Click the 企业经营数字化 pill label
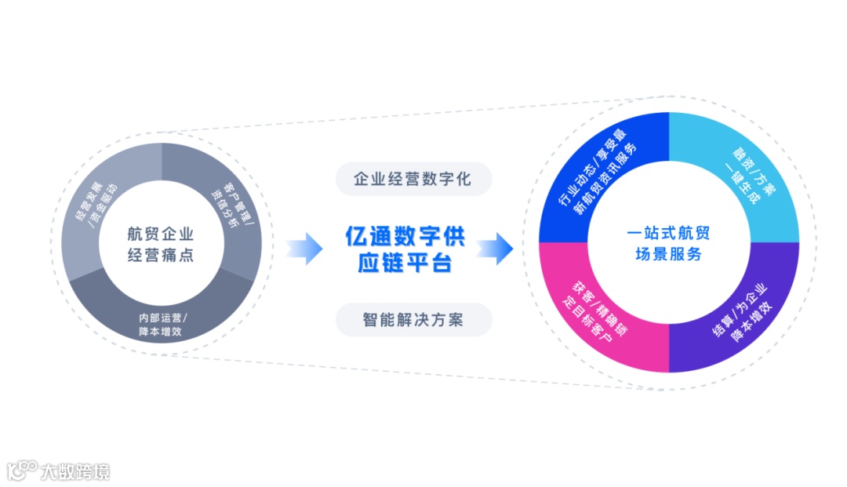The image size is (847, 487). pos(413,179)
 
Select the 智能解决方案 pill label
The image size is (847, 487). pos(413,320)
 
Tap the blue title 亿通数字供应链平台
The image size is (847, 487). pos(405,249)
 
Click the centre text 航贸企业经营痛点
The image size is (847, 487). pos(161,245)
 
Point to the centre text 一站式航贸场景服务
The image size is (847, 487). pos(668,243)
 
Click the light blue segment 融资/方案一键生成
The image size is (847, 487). pos(738,177)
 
